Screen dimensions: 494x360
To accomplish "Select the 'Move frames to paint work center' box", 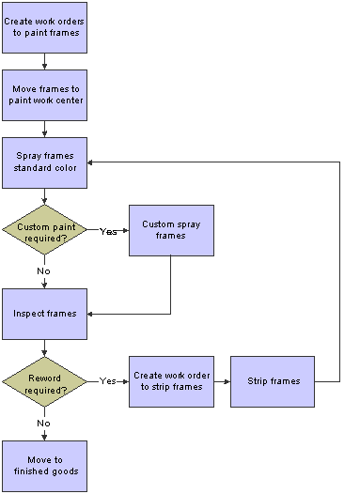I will coord(45,94).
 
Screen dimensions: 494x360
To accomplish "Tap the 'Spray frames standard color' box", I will coord(45,162).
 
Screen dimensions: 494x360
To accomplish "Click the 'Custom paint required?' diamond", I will coord(45,230).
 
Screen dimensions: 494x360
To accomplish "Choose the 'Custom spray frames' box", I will coord(170,230).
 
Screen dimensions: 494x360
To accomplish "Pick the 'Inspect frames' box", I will coord(45,314).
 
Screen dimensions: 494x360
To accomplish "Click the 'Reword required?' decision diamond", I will coord(45,381).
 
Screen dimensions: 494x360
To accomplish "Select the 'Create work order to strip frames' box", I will coord(170,381).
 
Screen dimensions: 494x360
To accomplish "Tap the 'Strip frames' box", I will coord(272,381).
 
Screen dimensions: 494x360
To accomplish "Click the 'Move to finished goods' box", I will coord(45,465).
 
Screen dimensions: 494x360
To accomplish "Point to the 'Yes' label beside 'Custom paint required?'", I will coord(107,230).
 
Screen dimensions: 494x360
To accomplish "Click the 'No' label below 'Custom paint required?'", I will coord(44,270).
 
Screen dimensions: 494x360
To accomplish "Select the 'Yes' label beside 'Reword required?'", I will coord(107,381).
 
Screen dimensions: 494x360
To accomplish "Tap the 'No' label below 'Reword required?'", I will coord(44,423).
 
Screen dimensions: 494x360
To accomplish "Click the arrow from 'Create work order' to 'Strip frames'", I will coord(221,381).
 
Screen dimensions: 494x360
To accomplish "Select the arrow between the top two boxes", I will coord(45,60).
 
